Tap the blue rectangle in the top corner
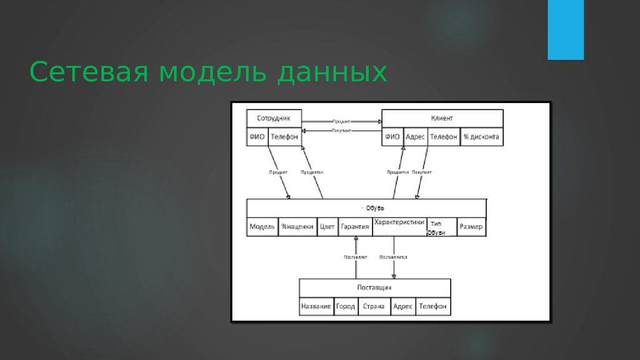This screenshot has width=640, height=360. (565, 29)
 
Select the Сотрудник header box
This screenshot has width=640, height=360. (274, 118)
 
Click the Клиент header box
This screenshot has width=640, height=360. (442, 118)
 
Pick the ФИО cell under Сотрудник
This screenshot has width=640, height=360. (257, 137)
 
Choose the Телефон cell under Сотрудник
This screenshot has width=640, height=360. (284, 137)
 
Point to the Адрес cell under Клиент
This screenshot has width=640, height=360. (415, 137)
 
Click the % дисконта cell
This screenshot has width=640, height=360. (481, 137)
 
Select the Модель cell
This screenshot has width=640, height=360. (262, 227)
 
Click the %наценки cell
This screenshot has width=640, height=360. (297, 227)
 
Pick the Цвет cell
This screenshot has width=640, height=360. (327, 227)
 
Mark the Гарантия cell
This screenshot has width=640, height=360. (355, 227)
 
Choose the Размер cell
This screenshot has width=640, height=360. (471, 227)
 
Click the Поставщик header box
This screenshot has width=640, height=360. (374, 287)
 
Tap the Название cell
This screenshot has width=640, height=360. (316, 306)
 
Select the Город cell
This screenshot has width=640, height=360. (345, 306)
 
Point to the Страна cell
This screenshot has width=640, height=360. (374, 306)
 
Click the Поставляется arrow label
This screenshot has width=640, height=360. (393, 257)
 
